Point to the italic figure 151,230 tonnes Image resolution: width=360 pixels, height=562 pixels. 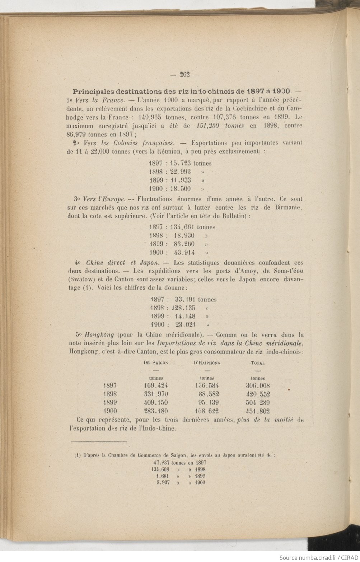point(221,125)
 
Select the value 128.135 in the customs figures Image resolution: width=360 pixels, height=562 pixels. point(183,308)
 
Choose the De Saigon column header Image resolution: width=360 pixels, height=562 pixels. point(156,362)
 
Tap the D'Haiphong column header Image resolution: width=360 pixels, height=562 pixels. point(207,362)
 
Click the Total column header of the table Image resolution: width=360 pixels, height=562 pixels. point(258,362)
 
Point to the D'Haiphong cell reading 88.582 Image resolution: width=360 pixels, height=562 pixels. point(208,394)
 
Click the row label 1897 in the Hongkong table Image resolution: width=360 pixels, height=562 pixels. point(110,385)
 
